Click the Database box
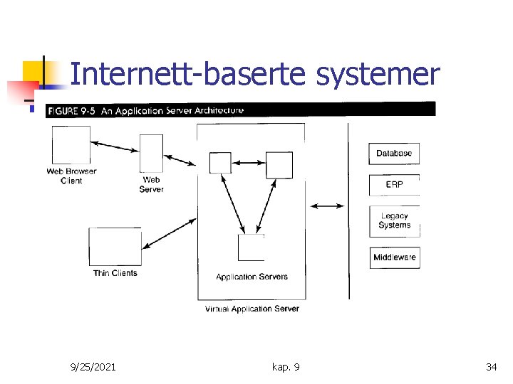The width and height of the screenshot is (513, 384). click(x=394, y=154)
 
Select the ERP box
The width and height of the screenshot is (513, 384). click(x=394, y=185)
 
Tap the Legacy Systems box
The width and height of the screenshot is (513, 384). click(x=394, y=221)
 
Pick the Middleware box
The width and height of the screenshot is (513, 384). click(x=394, y=257)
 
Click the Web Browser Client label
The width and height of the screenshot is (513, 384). click(x=71, y=176)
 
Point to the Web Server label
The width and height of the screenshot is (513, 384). click(x=151, y=185)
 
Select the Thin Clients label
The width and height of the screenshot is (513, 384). click(x=115, y=273)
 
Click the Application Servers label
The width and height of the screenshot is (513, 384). click(x=252, y=277)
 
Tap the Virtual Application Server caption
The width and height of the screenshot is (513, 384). click(x=252, y=309)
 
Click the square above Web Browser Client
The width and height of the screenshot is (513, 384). click(x=71, y=144)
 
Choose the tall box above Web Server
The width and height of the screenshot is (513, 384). click(x=151, y=153)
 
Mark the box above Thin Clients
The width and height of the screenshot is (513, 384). click(x=114, y=246)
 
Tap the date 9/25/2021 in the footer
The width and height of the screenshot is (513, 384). click(x=93, y=367)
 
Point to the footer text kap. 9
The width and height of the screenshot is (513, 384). click(x=286, y=367)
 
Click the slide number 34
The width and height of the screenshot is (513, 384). click(x=491, y=367)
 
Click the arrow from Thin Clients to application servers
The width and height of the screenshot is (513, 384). click(x=169, y=234)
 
